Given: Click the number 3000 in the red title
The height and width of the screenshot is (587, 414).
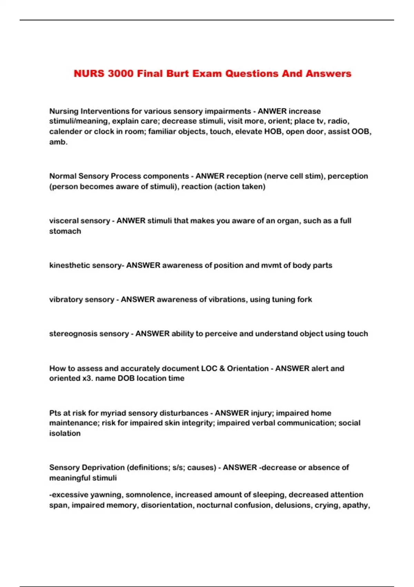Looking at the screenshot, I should [x=120, y=74].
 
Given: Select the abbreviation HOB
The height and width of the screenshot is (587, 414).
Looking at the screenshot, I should [x=273, y=132].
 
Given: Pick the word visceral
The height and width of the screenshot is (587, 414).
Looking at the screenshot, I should [x=62, y=221].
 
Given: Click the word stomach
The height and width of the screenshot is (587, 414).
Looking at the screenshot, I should [x=65, y=231].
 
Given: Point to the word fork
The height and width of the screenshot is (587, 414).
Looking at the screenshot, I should [x=304, y=299].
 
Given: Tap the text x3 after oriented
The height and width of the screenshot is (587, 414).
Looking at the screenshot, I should [x=87, y=378].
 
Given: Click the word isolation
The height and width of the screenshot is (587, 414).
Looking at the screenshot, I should [x=65, y=433].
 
